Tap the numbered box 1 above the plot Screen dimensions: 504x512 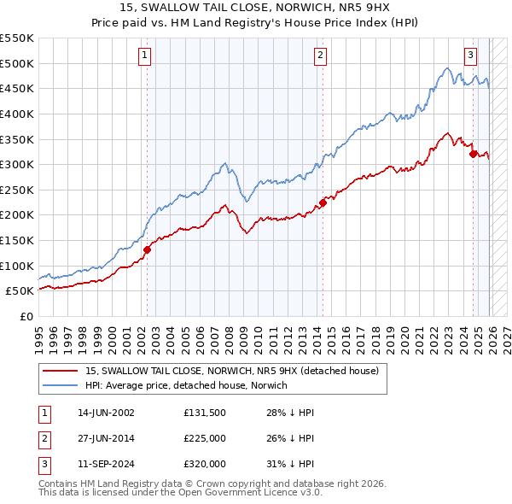pos(144,56)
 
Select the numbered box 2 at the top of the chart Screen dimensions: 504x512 pos(320,56)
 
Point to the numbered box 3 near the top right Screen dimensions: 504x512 pos(470,56)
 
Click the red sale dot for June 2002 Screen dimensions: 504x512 pos(147,249)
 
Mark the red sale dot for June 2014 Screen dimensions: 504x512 pos(323,202)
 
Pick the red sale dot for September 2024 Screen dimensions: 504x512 pos(473,155)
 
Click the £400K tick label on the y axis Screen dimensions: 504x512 pos(17,114)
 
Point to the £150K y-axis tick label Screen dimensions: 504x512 pos(17,240)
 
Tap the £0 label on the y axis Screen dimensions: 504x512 pos(25,316)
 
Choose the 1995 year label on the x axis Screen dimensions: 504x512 pos(38,337)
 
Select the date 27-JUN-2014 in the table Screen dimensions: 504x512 pos(105,438)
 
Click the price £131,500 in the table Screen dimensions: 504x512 pos(205,413)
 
